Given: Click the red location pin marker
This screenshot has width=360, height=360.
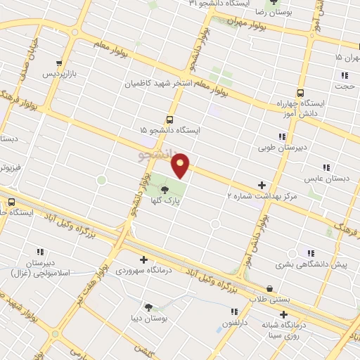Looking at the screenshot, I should [181, 165].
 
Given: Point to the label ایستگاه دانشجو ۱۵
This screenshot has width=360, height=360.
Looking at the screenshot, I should [169, 131].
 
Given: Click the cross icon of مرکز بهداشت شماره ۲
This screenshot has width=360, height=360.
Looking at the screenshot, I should [262, 185].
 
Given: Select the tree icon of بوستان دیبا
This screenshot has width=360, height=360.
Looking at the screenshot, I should [148, 307].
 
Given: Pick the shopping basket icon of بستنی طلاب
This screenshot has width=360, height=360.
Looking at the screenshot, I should [270, 288].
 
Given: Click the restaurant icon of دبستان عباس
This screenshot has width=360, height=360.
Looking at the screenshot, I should [326, 167].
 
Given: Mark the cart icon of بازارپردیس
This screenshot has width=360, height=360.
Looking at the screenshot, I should [62, 62].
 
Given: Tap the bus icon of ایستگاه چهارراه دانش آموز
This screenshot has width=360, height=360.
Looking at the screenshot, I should [301, 92].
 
